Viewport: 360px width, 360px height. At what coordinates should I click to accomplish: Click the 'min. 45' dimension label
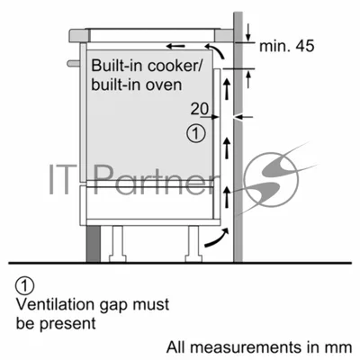286,46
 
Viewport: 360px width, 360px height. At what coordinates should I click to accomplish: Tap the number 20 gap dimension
200,109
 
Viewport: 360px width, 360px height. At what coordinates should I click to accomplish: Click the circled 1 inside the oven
196,133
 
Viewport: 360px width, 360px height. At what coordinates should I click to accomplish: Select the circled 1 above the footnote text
25,286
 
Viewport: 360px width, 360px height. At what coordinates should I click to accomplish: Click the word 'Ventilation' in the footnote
55,304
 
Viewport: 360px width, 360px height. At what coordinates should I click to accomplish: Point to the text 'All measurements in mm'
259,347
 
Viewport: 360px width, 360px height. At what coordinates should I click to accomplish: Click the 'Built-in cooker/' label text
148,66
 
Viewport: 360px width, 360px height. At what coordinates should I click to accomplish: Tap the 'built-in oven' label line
137,85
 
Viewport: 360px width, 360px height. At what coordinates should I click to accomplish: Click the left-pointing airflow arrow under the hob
175,46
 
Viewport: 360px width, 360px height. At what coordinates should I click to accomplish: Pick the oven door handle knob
74,63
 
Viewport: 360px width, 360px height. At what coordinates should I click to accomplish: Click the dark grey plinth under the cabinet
94,244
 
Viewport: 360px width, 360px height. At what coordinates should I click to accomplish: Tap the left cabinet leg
115,244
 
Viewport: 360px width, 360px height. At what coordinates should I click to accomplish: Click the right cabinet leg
194,244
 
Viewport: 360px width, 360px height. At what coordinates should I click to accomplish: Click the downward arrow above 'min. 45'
248,33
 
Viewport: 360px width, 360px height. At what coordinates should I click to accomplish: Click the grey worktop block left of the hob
80,35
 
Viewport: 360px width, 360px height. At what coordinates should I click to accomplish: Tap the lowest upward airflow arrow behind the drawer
227,197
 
